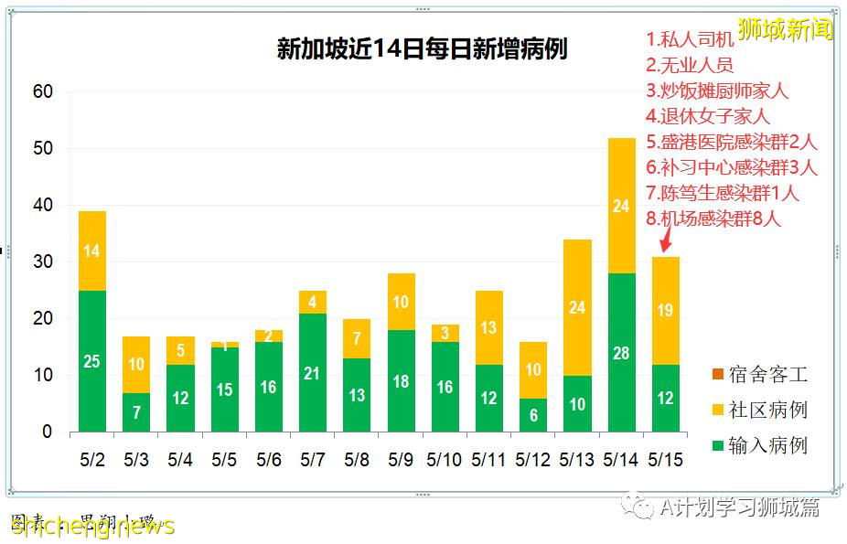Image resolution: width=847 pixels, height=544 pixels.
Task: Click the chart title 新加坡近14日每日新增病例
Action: coord(422,48)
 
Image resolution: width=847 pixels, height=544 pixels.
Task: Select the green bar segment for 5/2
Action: coord(91,360)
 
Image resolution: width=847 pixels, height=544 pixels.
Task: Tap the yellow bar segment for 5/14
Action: coord(621,206)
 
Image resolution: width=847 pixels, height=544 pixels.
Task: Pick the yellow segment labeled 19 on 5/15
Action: coord(665,310)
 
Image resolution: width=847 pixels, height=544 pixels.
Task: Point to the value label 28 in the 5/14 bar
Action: coord(621,353)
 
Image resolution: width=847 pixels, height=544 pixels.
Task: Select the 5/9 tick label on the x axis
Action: coord(401,460)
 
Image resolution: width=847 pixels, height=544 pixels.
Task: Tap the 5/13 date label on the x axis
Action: coord(577,460)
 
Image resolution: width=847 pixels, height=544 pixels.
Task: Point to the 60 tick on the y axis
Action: coord(42,91)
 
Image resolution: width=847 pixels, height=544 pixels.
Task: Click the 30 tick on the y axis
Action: coord(42,262)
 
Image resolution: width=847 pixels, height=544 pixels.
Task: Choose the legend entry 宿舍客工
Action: coord(763,375)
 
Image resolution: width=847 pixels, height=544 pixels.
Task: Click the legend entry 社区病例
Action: coord(763,410)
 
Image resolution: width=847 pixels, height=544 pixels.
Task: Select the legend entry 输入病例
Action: coord(763,445)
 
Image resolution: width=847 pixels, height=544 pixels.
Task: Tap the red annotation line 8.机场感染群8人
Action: coord(713,219)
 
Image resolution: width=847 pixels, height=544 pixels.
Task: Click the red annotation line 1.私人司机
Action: coord(690,39)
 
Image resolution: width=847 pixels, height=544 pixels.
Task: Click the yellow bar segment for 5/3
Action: coord(136,364)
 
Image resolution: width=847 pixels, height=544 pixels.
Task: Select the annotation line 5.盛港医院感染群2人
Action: coord(731,142)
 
